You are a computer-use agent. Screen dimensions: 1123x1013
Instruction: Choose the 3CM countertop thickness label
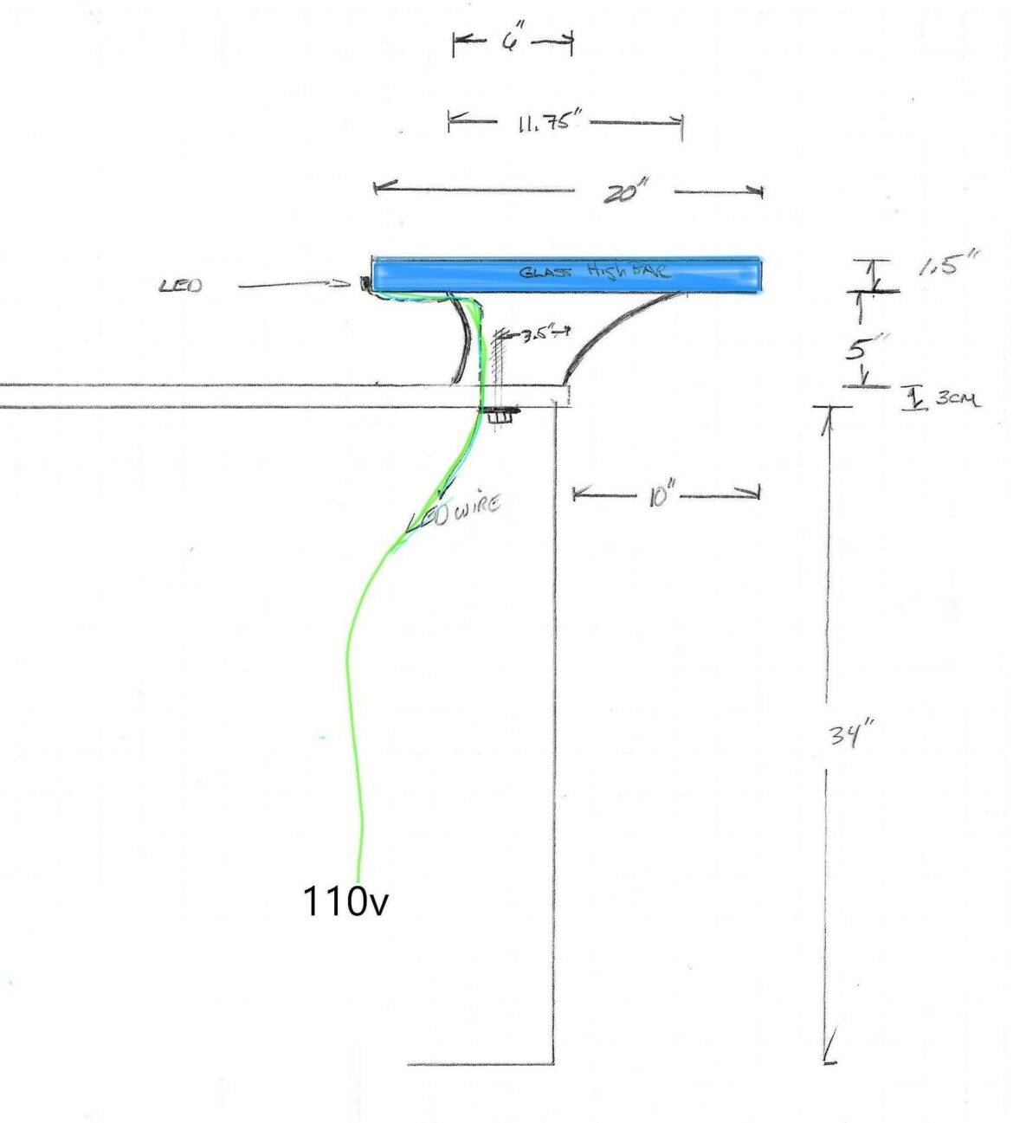coord(957,399)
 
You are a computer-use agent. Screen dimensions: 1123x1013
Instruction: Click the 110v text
coord(345,902)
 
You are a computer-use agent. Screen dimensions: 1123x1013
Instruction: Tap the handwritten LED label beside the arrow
coord(181,285)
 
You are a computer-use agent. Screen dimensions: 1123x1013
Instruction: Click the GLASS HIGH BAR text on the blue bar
coord(593,272)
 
